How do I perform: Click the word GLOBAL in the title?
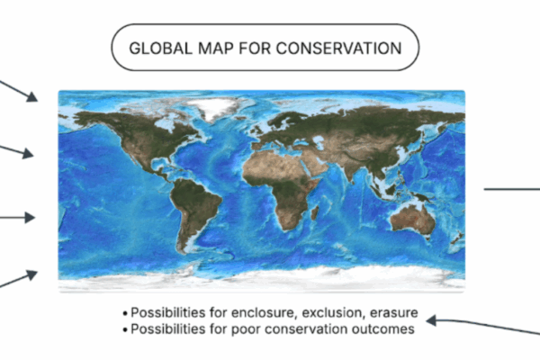click(x=160, y=48)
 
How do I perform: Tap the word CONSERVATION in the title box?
click(x=339, y=48)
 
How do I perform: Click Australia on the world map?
click(x=413, y=220)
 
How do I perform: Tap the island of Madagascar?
click(x=314, y=213)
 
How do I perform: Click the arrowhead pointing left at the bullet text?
click(x=431, y=320)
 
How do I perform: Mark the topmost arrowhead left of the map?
click(x=32, y=96)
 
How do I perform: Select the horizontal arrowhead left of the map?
click(x=30, y=218)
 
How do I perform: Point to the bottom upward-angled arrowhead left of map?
click(x=32, y=274)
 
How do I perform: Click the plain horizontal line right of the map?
click(x=512, y=189)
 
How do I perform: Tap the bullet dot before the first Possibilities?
click(x=125, y=313)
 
